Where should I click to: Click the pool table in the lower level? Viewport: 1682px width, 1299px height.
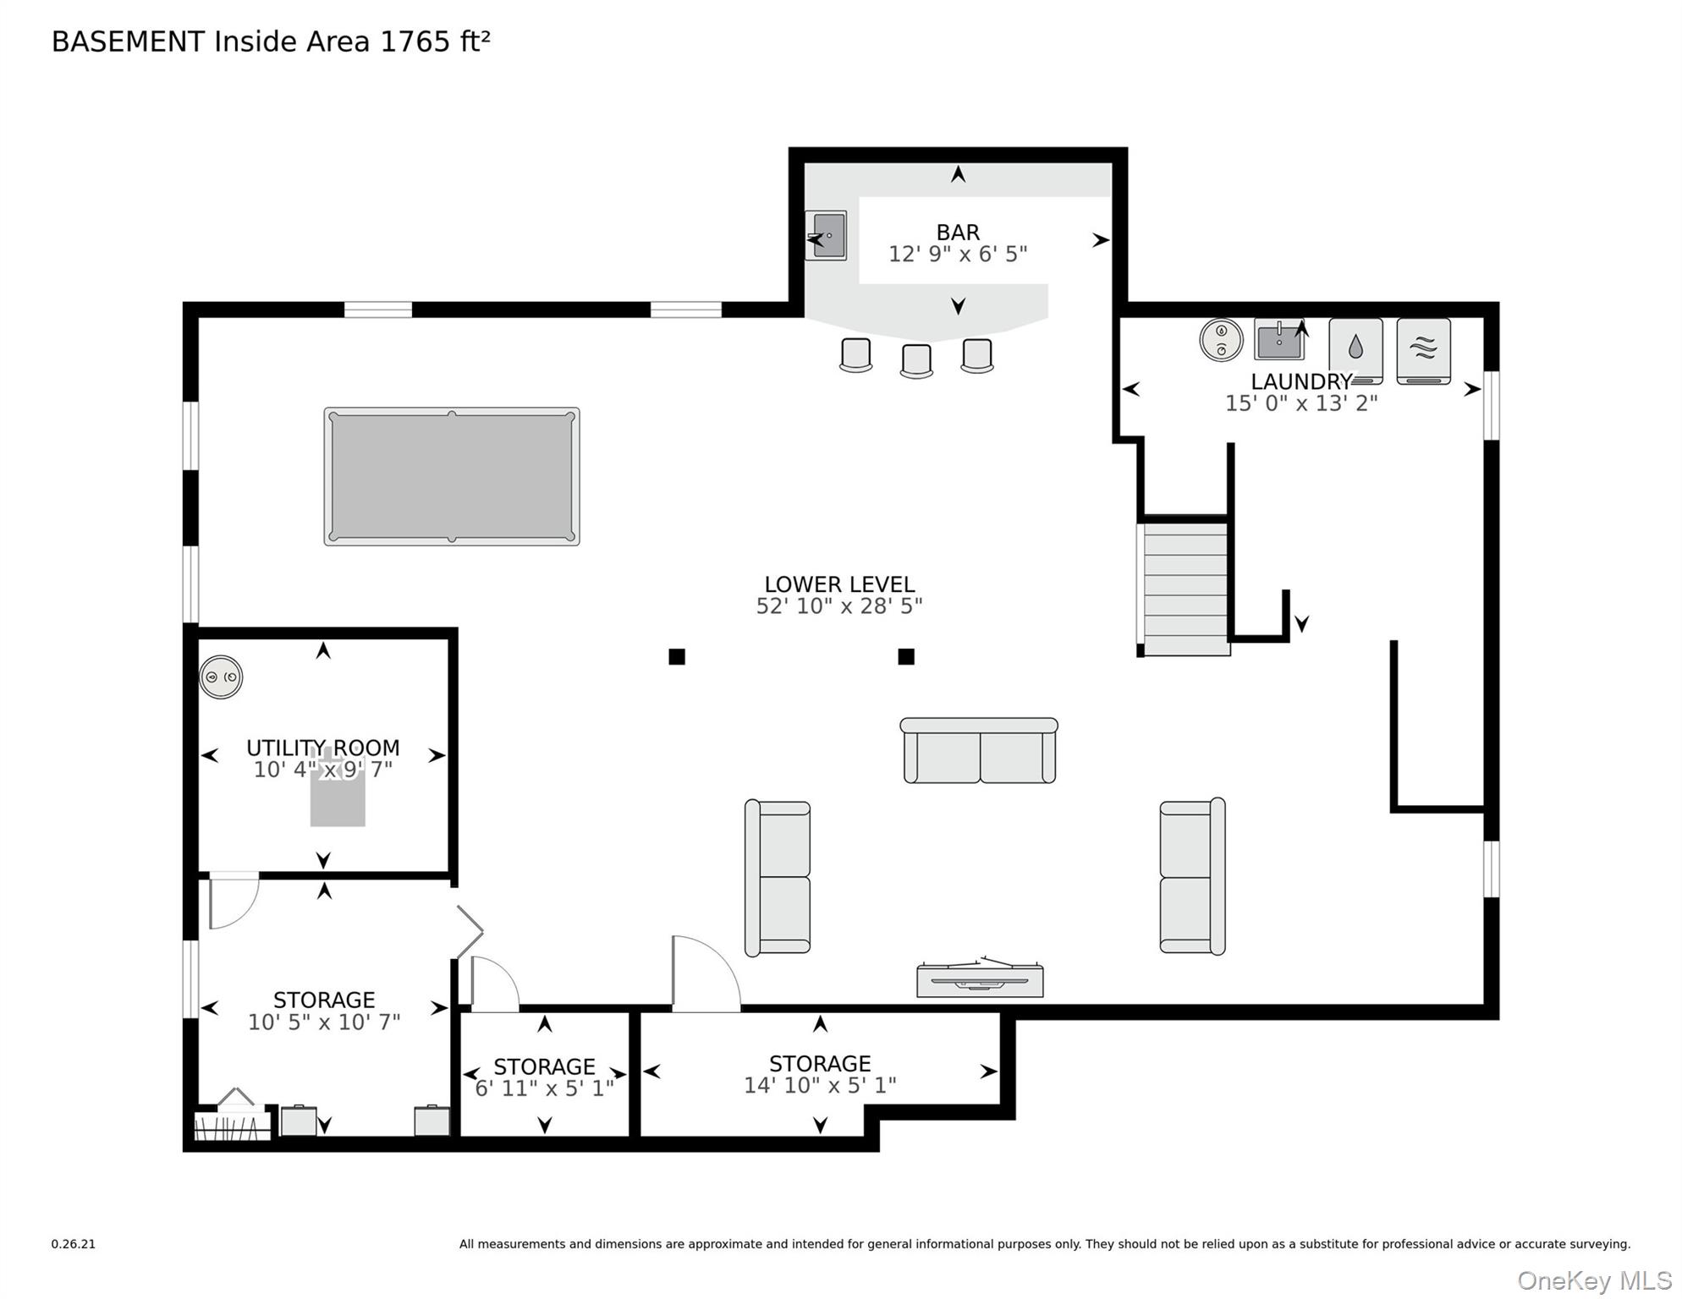[452, 476]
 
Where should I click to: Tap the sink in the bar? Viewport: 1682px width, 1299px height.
[826, 235]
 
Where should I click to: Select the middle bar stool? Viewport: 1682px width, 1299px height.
[916, 360]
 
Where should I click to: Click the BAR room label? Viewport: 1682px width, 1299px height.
[958, 232]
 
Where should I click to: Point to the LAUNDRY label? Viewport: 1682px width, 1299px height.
[1301, 381]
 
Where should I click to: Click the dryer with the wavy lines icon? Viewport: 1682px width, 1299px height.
[1424, 351]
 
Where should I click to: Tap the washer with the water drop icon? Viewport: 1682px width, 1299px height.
[1355, 351]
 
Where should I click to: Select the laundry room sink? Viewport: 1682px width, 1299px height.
[1279, 340]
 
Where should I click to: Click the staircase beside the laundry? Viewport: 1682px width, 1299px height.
[1185, 589]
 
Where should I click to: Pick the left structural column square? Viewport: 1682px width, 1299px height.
[677, 656]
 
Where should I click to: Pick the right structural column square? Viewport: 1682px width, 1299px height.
[906, 656]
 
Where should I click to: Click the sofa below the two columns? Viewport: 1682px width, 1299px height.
[979, 751]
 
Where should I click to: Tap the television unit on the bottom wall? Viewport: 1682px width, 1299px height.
[980, 978]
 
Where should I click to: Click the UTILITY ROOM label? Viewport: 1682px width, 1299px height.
[323, 748]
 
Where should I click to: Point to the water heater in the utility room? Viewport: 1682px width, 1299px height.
[221, 677]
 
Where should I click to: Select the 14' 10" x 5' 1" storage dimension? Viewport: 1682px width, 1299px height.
[820, 1085]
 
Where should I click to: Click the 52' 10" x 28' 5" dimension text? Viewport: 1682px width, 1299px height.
[839, 606]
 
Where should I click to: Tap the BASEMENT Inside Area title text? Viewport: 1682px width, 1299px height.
[271, 41]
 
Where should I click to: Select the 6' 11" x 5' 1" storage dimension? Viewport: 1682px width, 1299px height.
[544, 1088]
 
